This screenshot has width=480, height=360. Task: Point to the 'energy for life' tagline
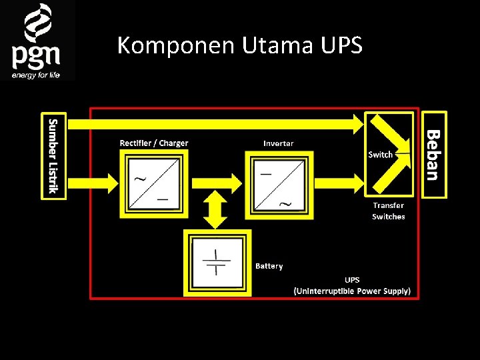coord(35,75)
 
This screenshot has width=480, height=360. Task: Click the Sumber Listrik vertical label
coord(54,156)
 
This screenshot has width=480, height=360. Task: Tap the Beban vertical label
coord(433,155)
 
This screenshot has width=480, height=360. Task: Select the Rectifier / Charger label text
coord(154,143)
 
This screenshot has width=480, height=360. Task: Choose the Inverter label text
coord(279,143)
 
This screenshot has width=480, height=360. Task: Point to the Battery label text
coord(269,266)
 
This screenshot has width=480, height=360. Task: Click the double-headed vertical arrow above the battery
coord(214,208)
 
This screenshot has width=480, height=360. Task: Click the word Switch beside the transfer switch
coord(381,155)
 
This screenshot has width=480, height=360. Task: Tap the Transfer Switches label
coord(389,211)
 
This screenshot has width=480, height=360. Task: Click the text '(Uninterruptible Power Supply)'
coord(352,291)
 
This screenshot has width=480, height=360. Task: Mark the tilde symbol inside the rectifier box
coord(141,178)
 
